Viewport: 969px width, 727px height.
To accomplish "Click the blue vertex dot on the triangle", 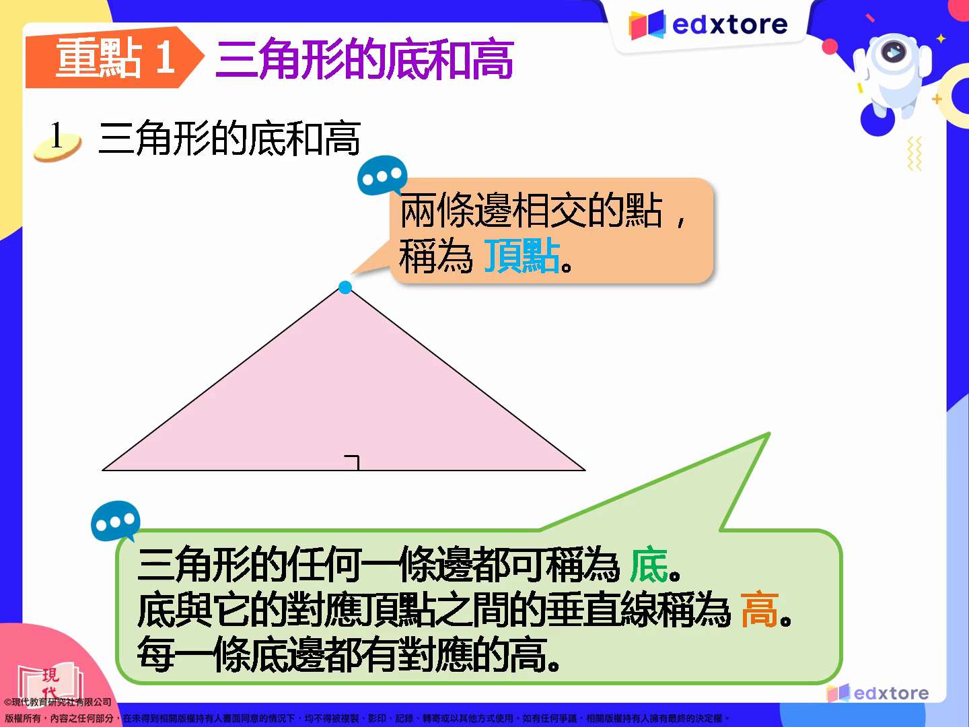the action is pyautogui.click(x=345, y=287).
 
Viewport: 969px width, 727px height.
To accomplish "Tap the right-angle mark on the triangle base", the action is pyautogui.click(x=353, y=462).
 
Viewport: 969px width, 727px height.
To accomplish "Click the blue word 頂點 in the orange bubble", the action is pyautogui.click(x=522, y=256).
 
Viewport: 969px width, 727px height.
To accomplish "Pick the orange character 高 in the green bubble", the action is pyautogui.click(x=759, y=610).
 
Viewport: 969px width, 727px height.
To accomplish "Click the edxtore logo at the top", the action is pyautogui.click(x=708, y=25).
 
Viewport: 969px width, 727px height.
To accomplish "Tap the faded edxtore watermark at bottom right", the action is pyautogui.click(x=877, y=693).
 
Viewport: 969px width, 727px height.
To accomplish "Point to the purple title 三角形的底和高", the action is pyautogui.click(x=365, y=59).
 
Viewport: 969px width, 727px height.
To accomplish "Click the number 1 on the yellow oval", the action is pyautogui.click(x=57, y=135).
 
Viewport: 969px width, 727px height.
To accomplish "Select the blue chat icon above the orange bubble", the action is pyautogui.click(x=382, y=175).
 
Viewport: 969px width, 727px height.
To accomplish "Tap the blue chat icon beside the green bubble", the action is pyautogui.click(x=116, y=521).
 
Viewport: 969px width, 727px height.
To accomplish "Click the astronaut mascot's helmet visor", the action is pyautogui.click(x=894, y=52).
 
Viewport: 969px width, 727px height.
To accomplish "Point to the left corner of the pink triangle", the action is pyautogui.click(x=102, y=470).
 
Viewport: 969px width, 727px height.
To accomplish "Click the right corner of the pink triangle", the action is pyautogui.click(x=585, y=470).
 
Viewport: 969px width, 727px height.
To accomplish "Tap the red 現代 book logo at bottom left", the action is pyautogui.click(x=50, y=681).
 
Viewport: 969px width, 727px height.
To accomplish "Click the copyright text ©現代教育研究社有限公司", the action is pyautogui.click(x=58, y=702).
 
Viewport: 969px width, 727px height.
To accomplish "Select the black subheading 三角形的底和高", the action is pyautogui.click(x=229, y=139).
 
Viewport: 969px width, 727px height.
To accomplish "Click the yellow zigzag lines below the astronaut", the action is pyautogui.click(x=914, y=153).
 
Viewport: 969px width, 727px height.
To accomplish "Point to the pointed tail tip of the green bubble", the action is pyautogui.click(x=769, y=434).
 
